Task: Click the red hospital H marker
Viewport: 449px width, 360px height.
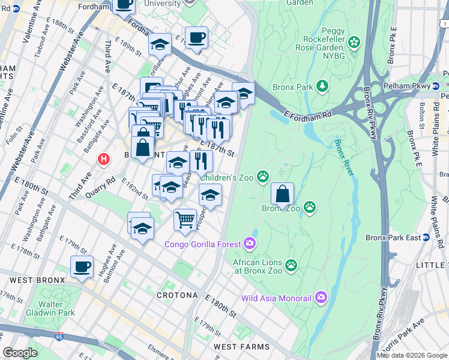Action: point(104,160)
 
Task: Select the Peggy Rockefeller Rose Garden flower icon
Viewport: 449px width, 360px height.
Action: point(355,42)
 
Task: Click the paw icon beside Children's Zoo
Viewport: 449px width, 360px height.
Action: point(263,176)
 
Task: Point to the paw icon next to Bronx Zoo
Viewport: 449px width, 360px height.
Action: point(309,208)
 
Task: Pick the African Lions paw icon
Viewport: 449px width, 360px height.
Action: point(291,265)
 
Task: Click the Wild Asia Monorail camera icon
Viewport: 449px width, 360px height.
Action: point(321,298)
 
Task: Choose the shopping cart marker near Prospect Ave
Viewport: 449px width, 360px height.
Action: point(185,219)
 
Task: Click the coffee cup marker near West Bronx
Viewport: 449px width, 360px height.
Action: point(82,266)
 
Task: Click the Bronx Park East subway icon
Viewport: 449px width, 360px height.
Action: point(427,238)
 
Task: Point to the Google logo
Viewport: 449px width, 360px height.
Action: point(20,353)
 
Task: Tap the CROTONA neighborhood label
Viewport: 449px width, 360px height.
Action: point(177,295)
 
